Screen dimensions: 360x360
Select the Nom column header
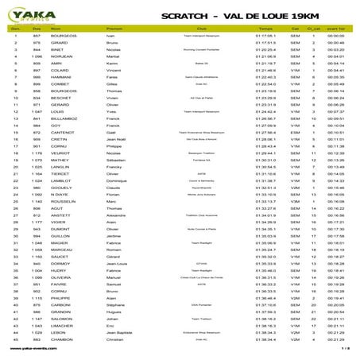click(x=64, y=27)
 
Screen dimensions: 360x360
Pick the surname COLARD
click(x=64, y=71)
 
